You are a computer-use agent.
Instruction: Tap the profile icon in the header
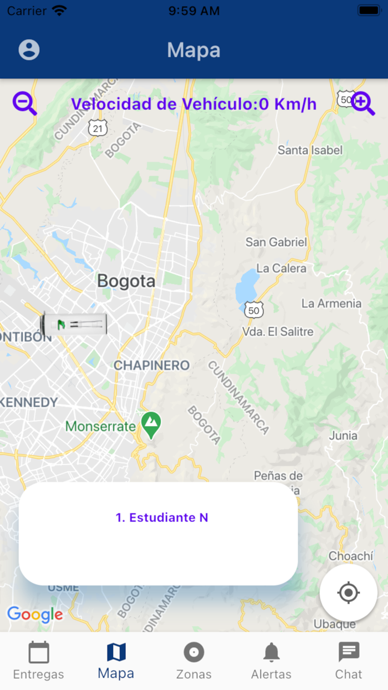click(29, 50)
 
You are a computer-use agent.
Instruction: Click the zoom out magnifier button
click(24, 104)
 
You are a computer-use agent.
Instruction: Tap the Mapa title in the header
click(193, 50)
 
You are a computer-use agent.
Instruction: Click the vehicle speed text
click(193, 104)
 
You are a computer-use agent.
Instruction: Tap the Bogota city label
click(126, 281)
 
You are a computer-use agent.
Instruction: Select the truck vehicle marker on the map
click(74, 324)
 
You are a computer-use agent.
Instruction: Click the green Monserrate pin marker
click(151, 424)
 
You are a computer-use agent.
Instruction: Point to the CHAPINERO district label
click(151, 366)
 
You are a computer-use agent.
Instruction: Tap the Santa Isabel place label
click(310, 150)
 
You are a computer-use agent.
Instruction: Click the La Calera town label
click(281, 268)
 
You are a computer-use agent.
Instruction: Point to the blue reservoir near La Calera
click(247, 286)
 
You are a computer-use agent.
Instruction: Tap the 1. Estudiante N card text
click(161, 517)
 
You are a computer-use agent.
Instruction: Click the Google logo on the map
click(35, 614)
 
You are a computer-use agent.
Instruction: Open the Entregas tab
click(39, 660)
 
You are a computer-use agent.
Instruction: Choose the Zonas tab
click(193, 660)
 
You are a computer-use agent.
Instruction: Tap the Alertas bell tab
click(271, 660)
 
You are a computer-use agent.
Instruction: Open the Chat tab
click(349, 660)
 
